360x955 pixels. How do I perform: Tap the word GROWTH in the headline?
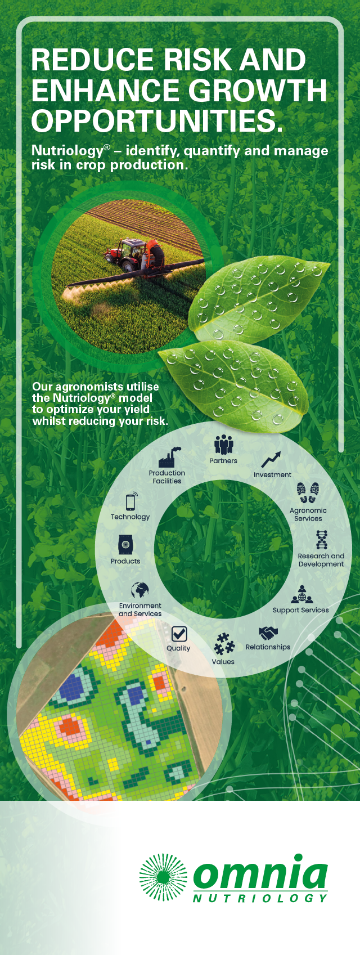(258, 90)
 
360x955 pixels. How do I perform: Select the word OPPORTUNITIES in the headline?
(157, 120)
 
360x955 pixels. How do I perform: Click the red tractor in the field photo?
(134, 254)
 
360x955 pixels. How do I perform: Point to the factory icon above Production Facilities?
(169, 458)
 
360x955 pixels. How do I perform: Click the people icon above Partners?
(223, 445)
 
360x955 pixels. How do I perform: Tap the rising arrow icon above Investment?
(271, 459)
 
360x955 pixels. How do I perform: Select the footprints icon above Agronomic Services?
(308, 492)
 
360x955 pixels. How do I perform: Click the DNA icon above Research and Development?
(322, 540)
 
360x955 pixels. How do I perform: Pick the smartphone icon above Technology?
(131, 501)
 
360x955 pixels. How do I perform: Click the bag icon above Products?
(125, 544)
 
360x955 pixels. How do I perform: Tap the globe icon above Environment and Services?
(140, 591)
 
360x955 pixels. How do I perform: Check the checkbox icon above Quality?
(179, 634)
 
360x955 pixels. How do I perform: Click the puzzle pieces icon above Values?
(224, 644)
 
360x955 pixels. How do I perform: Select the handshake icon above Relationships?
(268, 633)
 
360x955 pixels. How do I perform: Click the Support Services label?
(301, 610)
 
